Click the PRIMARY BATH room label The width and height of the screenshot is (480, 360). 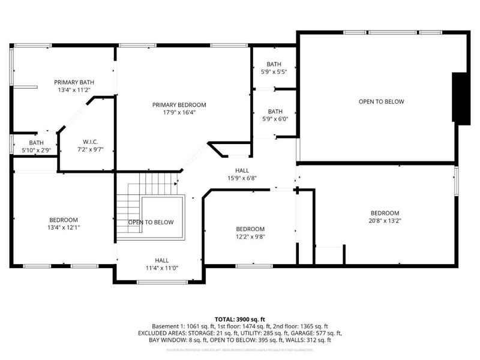(x=74, y=82)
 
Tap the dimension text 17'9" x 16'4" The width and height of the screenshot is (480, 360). (x=179, y=112)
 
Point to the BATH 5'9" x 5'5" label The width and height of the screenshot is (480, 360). (x=274, y=68)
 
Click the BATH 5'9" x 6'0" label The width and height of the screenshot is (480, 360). (x=275, y=115)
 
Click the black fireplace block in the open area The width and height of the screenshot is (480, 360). (x=461, y=98)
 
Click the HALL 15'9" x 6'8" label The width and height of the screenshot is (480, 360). (x=242, y=173)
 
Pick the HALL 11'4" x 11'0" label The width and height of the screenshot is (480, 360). (x=161, y=263)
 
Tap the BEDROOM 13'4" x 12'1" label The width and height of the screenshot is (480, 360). (x=63, y=223)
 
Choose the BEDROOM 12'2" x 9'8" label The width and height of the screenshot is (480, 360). (x=250, y=232)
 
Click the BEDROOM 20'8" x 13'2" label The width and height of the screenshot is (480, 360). (x=385, y=217)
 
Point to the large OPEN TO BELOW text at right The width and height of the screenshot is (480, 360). (x=381, y=101)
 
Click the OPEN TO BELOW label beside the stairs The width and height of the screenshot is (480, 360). (x=151, y=223)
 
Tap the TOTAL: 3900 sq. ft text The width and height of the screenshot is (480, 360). (x=240, y=319)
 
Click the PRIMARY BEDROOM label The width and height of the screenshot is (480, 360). (x=179, y=104)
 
